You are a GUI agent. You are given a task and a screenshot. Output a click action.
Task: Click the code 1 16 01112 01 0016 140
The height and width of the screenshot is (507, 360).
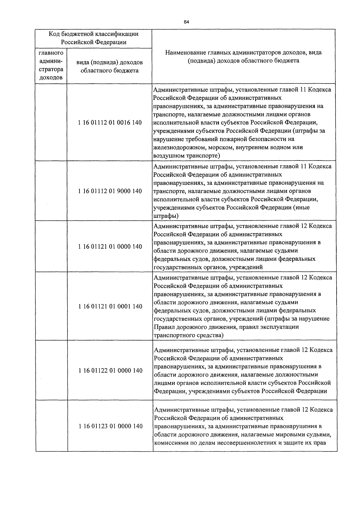[x=110, y=123]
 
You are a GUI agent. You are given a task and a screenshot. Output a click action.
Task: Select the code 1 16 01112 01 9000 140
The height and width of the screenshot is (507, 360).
[x=110, y=191]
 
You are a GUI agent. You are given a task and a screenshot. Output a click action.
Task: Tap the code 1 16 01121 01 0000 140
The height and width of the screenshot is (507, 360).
[x=110, y=247]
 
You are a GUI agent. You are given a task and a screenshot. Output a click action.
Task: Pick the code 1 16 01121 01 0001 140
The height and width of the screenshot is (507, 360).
[x=110, y=306]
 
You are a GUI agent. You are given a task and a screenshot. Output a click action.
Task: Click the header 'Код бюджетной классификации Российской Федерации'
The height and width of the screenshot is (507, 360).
[x=94, y=38]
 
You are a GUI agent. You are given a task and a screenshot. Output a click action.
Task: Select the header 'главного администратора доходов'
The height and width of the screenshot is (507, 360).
[x=51, y=65]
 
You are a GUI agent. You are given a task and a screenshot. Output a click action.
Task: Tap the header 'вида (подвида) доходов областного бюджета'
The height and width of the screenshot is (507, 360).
[x=109, y=67]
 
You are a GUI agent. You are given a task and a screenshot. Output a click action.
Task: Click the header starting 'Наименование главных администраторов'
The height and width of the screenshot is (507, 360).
[x=243, y=57]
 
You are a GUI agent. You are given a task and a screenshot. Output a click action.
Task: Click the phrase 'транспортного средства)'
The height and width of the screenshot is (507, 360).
[x=188, y=335]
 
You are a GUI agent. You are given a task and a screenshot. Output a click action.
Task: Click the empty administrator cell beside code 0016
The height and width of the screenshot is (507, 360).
[x=51, y=123]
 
